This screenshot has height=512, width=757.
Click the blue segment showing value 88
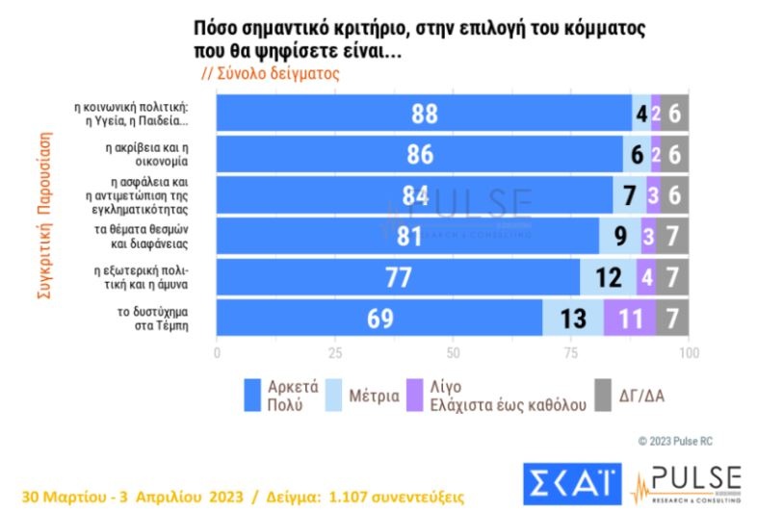tap(424, 114)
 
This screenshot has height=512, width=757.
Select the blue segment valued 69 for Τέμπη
tap(379, 318)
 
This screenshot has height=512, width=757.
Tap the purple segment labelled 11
tap(630, 318)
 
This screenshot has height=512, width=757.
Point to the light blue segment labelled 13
tap(573, 318)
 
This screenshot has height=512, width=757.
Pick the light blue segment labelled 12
tap(608, 277)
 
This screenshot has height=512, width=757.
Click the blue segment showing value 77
tap(398, 277)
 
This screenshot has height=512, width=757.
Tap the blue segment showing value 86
tap(419, 154)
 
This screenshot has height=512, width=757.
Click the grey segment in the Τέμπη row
tap(672, 318)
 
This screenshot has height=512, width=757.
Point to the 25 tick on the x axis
tap(335, 353)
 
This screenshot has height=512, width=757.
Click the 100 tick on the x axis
tap(689, 353)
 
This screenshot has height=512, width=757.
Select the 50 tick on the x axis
tap(453, 353)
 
